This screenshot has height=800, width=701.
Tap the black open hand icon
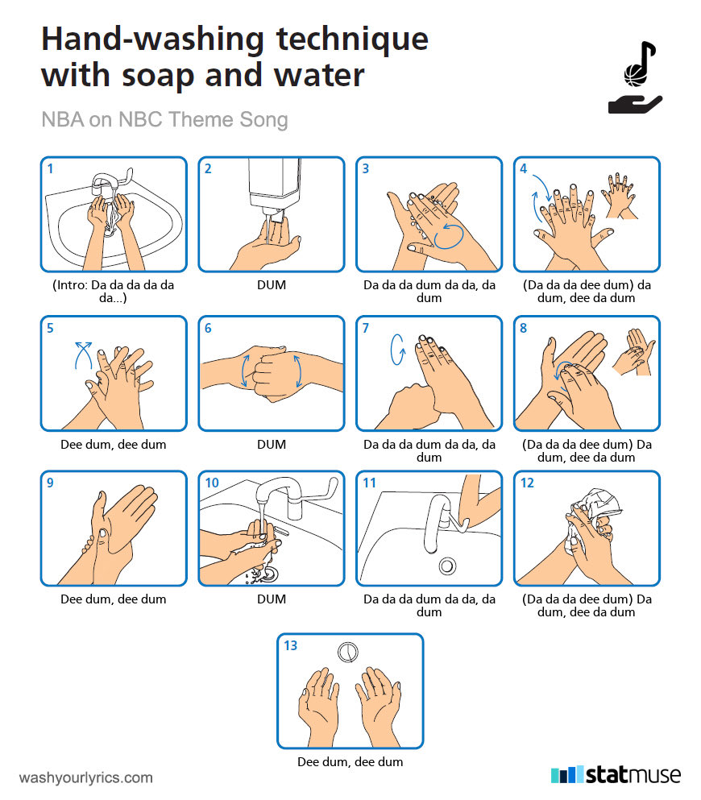635,104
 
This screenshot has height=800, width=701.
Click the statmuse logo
616,774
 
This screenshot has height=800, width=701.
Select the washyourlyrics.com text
85,777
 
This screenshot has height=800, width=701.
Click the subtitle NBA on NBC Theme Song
164,119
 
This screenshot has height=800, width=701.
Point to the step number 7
365,328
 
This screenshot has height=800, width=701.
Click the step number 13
290,645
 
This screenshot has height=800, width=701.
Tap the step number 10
212,483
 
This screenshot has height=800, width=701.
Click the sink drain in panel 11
447,566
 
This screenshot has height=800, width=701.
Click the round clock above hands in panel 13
348,652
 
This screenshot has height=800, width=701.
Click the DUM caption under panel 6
272,445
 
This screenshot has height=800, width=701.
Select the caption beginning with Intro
114,292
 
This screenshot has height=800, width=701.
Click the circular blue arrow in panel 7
397,350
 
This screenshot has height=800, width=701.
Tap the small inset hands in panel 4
619,196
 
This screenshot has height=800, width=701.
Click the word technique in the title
352,39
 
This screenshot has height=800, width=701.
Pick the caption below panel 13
350,762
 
